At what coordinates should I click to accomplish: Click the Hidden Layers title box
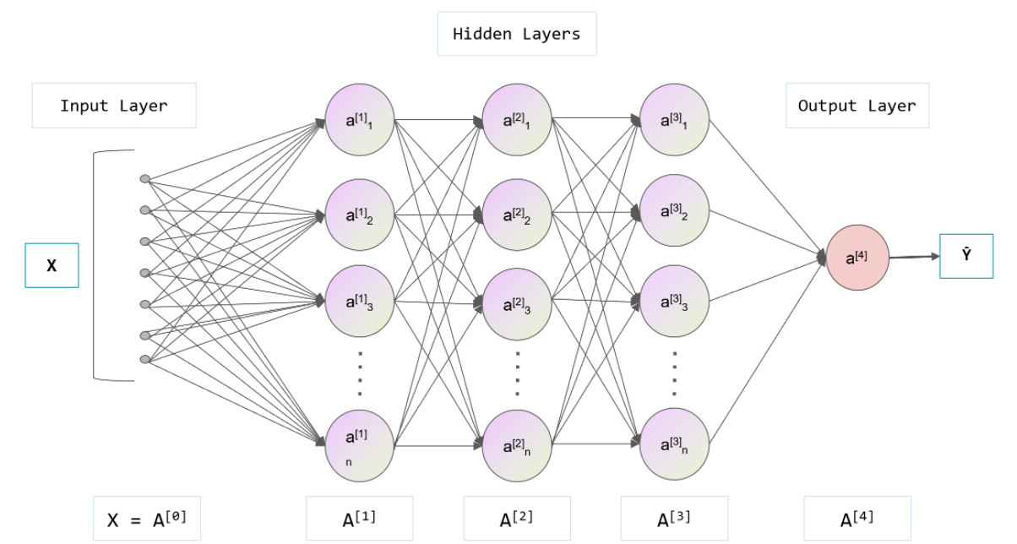(x=517, y=34)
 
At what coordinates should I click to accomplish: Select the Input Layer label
(x=114, y=106)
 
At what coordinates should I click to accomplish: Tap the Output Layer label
(x=857, y=106)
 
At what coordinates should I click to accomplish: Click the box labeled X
(x=52, y=265)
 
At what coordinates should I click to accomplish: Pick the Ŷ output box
(x=965, y=256)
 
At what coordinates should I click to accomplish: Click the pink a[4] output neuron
(x=857, y=258)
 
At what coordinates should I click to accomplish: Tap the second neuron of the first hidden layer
(x=359, y=215)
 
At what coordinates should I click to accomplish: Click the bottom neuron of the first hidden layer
(x=359, y=445)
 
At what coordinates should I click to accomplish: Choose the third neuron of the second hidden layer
(x=517, y=303)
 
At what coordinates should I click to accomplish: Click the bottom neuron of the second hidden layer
(x=517, y=445)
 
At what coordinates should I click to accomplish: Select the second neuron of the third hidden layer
(x=674, y=210)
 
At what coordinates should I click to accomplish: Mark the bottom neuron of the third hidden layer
(x=674, y=443)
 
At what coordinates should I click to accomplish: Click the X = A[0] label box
(x=147, y=519)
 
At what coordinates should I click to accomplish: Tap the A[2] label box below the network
(x=517, y=519)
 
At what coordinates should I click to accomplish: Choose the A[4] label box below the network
(x=857, y=519)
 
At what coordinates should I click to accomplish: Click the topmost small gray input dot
(x=145, y=179)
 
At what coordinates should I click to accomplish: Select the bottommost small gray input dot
(x=145, y=359)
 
